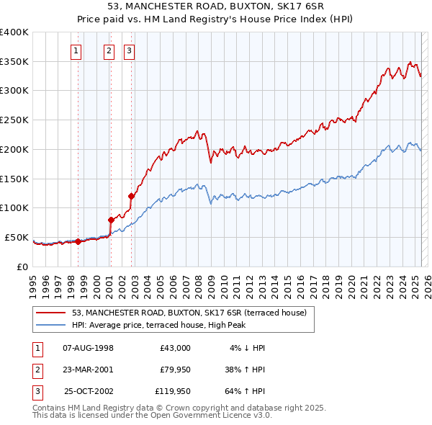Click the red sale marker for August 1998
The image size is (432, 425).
coord(78,241)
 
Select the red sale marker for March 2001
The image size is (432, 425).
coord(111,220)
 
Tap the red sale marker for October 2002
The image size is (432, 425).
coord(131,195)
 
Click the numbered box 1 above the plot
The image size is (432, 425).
coord(76,50)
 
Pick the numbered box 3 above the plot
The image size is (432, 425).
coord(128,50)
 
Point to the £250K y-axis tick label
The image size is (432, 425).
coord(14,120)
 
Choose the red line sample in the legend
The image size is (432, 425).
coord(51,313)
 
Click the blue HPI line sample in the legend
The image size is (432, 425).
coord(51,325)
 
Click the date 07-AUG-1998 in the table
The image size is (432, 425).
coord(89,347)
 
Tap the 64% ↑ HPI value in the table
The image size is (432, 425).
coord(245,392)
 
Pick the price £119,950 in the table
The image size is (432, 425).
coord(173,392)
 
